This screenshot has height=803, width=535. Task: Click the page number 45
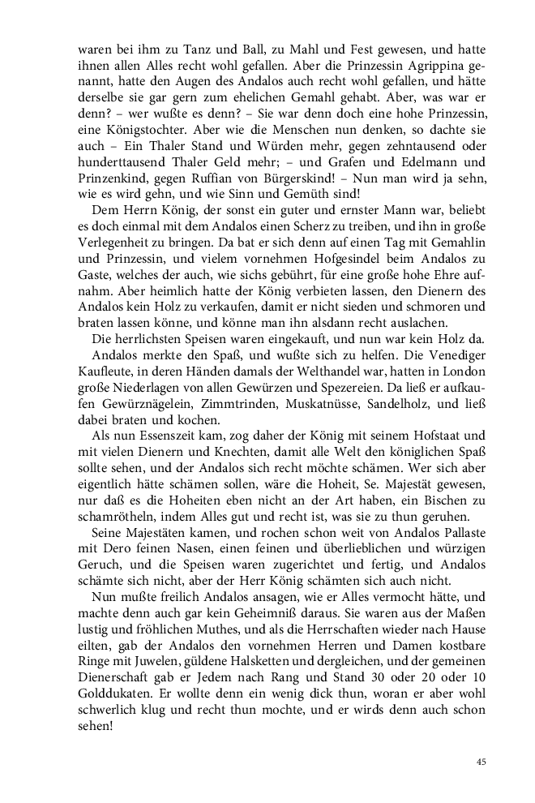481,762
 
